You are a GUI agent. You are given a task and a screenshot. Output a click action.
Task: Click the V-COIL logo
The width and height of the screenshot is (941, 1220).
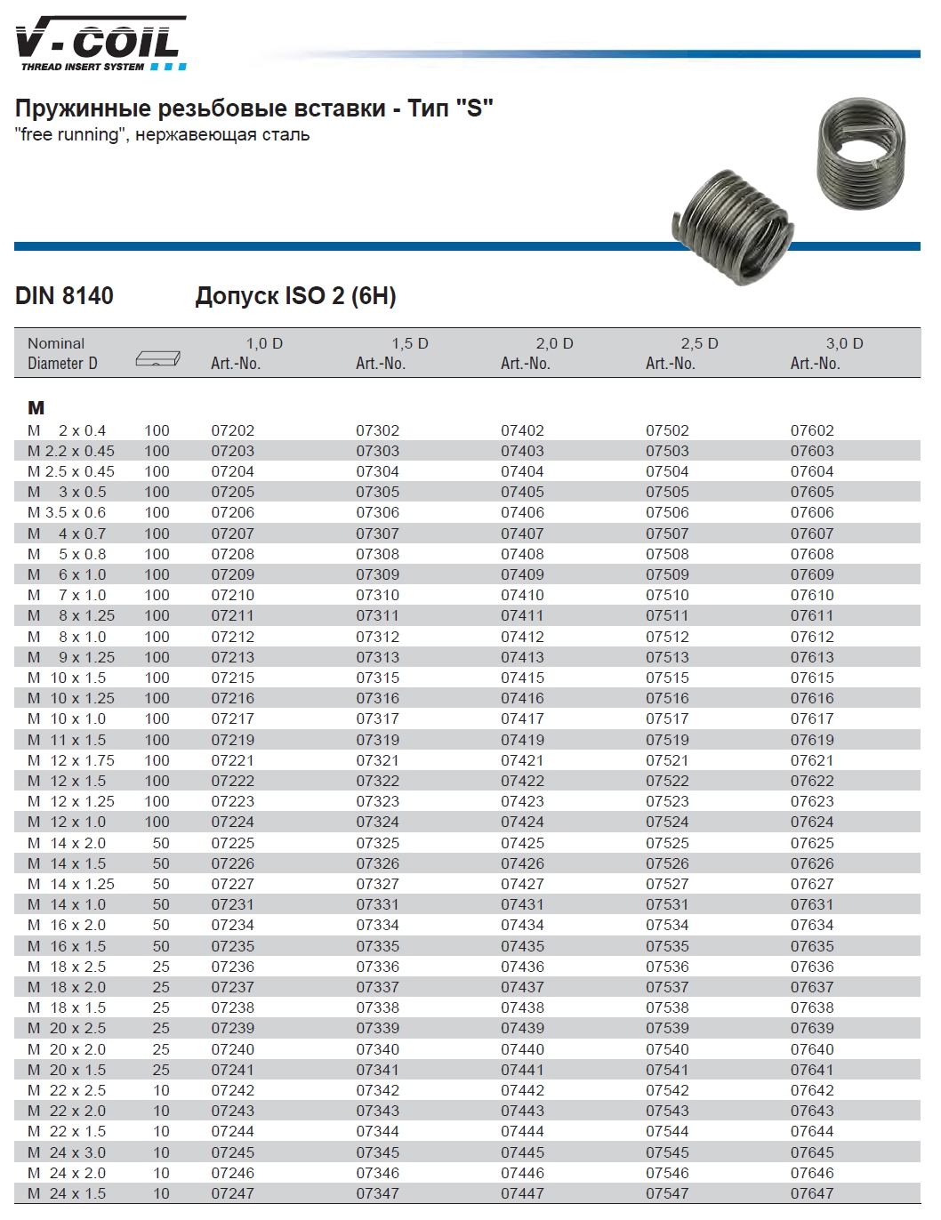point(101,44)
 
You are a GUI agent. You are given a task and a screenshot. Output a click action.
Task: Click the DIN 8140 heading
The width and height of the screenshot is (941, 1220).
point(64,296)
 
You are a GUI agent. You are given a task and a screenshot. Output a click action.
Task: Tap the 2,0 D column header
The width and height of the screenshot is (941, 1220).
point(554,343)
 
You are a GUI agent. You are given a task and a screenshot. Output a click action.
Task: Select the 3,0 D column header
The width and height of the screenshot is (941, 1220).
point(844,343)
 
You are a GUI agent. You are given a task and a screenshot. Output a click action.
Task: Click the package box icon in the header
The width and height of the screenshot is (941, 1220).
point(157,358)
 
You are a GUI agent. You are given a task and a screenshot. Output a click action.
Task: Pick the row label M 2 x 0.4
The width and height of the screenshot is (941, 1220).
point(67,430)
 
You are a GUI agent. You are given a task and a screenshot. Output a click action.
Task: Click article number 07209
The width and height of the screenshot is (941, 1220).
point(232,575)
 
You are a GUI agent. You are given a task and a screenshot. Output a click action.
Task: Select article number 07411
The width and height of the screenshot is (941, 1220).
point(522,616)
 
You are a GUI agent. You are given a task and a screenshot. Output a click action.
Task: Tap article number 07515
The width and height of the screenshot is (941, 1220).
point(667,678)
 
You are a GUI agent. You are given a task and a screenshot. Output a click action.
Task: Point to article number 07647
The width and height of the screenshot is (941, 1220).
point(812,1193)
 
